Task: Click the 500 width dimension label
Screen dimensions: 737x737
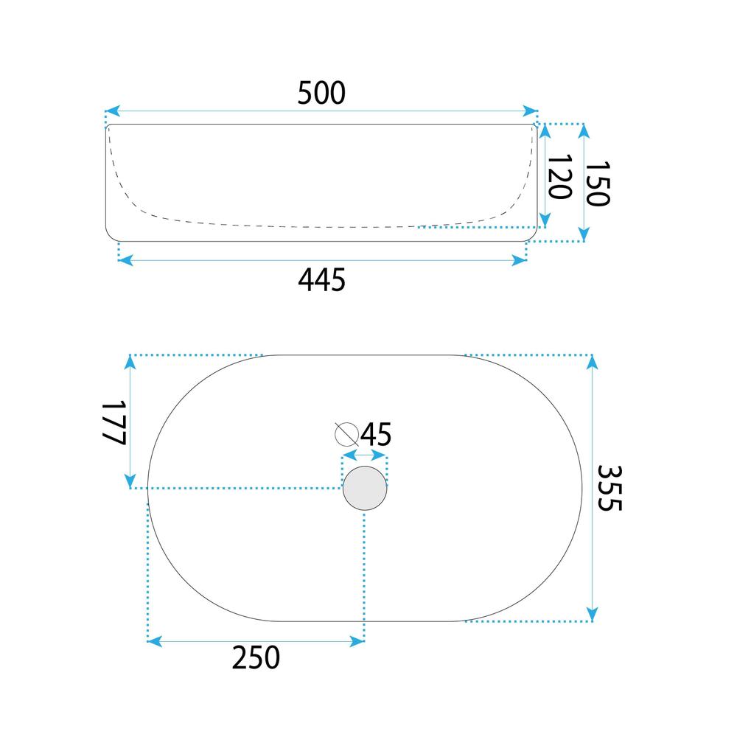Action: [x=321, y=93]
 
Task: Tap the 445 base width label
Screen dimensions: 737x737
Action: [x=321, y=279]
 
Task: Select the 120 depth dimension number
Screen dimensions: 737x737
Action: [x=560, y=177]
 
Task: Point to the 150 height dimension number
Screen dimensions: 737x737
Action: [x=598, y=184]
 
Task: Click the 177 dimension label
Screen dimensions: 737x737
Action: [x=114, y=422]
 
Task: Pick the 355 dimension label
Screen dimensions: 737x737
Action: [x=609, y=488]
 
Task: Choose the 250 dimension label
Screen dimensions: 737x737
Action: [x=256, y=657]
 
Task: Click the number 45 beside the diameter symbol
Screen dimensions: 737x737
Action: [x=376, y=434]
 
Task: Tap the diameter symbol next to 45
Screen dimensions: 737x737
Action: [x=347, y=434]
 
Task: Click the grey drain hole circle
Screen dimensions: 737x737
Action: [x=365, y=488]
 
